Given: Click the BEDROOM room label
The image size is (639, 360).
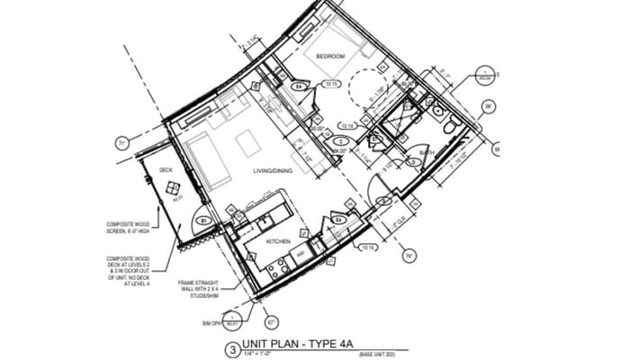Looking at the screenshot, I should coord(330,57).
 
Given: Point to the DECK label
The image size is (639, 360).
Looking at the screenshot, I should coord(166,169).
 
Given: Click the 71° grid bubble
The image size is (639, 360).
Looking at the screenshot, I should coord(121,142).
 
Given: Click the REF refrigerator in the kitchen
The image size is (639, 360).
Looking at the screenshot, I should coord(303,254).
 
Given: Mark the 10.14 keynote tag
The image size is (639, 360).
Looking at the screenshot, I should coord(348,125).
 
